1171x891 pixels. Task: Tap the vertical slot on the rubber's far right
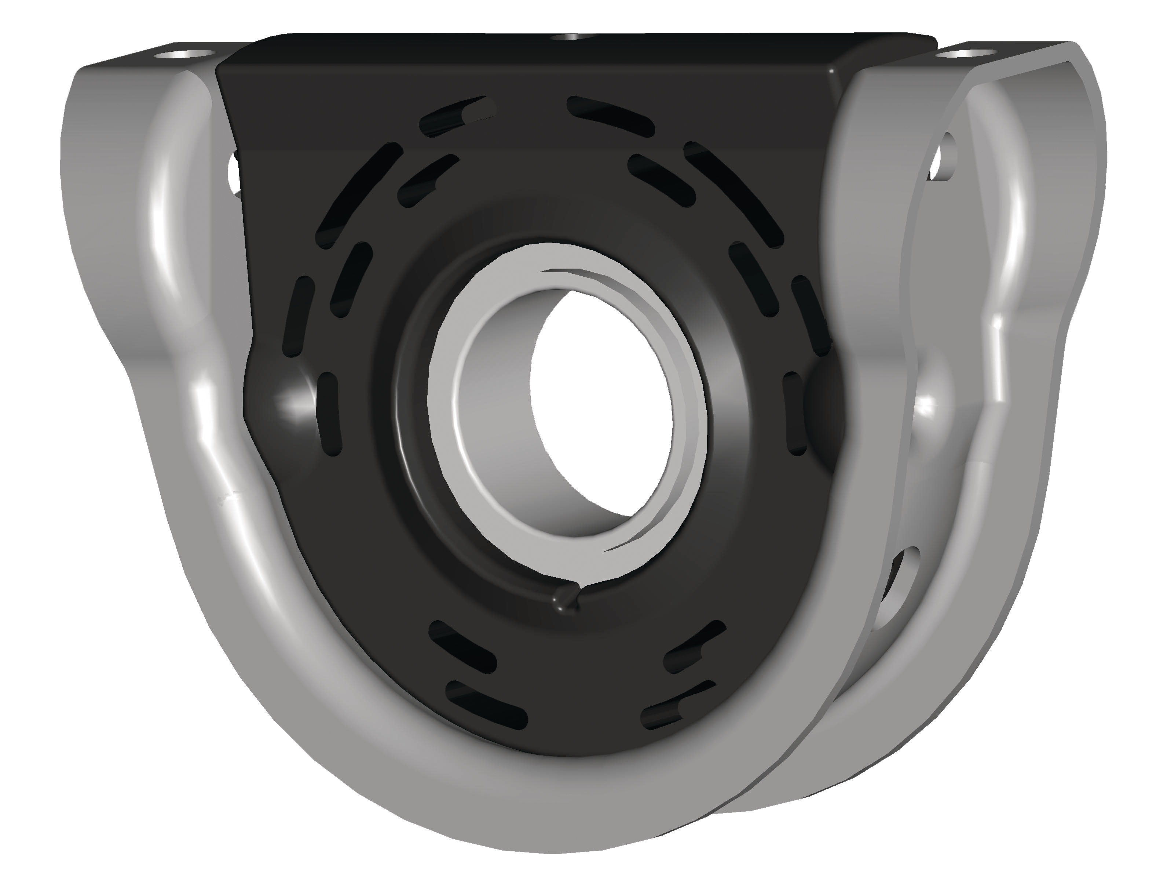coord(795,414)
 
